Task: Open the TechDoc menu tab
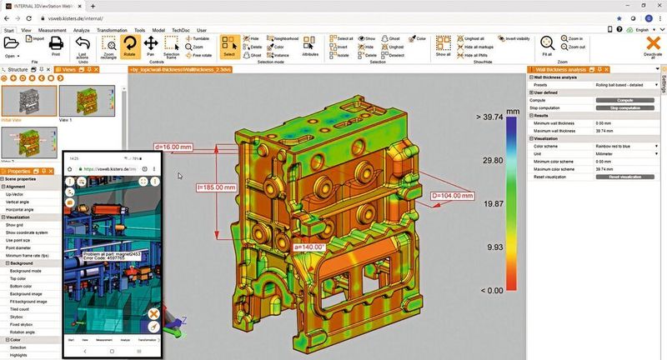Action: (x=180, y=30)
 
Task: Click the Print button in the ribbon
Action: (x=56, y=45)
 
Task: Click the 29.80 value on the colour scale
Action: (x=494, y=159)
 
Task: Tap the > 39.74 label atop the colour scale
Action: (x=492, y=117)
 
